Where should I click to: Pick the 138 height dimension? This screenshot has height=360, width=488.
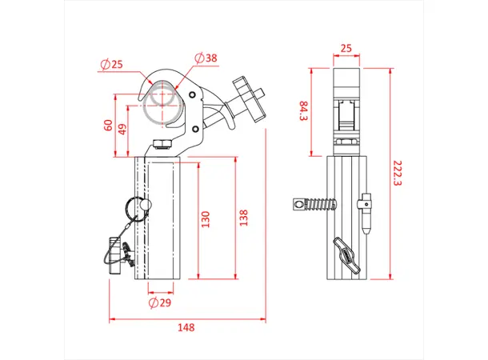tap(243, 218)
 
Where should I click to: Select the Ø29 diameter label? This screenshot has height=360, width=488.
tap(161, 303)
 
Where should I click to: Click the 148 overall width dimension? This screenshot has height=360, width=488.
tap(186, 327)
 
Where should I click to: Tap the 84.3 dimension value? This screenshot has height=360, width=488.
tap(303, 112)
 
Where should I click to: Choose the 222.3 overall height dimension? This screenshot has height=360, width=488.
tap(398, 172)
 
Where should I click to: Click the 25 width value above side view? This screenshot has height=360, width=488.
tap(346, 49)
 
